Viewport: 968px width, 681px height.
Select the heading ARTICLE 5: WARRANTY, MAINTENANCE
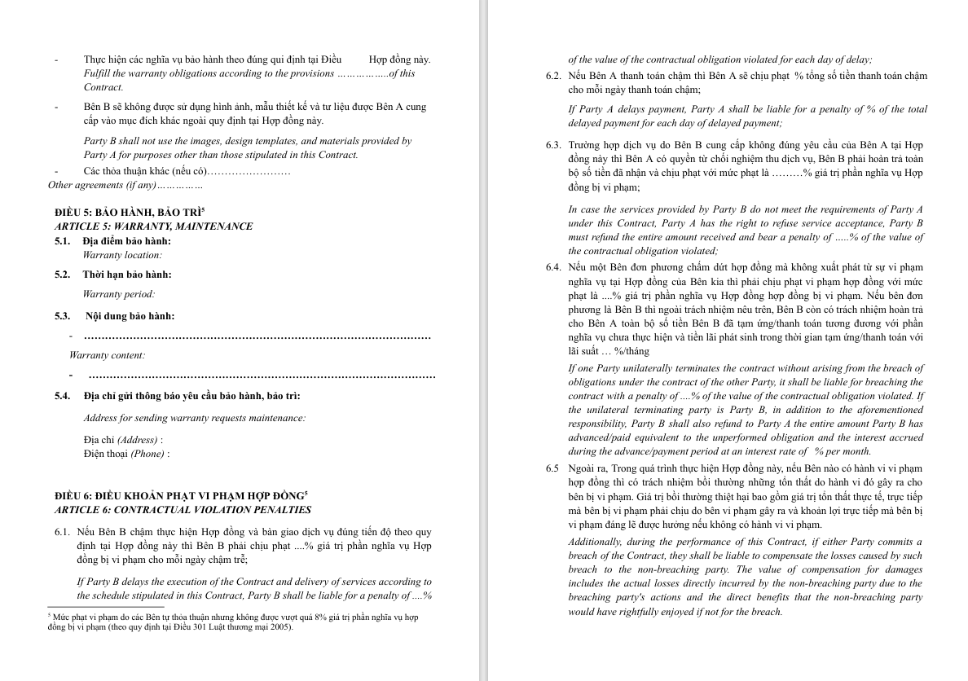pyautogui.click(x=153, y=226)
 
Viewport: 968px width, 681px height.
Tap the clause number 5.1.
pyautogui.click(x=62, y=241)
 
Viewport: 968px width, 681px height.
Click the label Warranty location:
pyautogui.click(x=122, y=255)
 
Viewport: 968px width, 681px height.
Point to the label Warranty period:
pyautogui.click(x=119, y=294)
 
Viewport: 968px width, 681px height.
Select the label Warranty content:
pyautogui.click(x=108, y=355)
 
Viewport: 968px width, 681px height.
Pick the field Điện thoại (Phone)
pyautogui.click(x=126, y=454)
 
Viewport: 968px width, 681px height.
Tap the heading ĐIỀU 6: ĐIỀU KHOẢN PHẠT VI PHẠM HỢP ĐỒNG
pyautogui.click(x=179, y=496)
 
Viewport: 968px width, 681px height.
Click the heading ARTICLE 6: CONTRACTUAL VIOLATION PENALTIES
pyautogui.click(x=183, y=510)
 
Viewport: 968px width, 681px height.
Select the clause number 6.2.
pyautogui.click(x=553, y=77)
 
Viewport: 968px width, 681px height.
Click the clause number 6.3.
pyautogui.click(x=553, y=145)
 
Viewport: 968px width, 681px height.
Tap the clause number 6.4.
pyautogui.click(x=553, y=267)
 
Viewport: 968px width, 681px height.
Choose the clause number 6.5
pyautogui.click(x=553, y=468)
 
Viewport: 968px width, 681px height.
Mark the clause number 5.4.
pyautogui.click(x=62, y=396)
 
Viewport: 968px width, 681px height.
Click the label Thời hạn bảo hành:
pyautogui.click(x=127, y=275)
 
